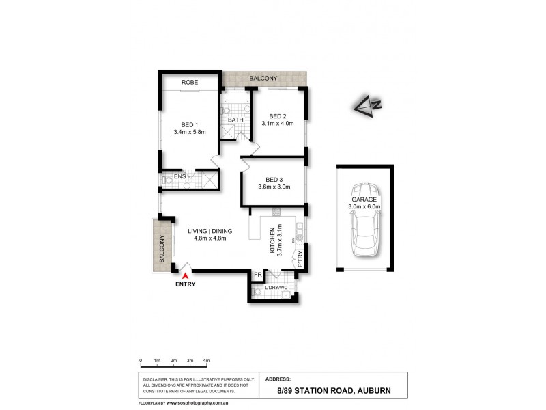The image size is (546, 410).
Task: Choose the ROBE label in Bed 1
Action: (x=190, y=83)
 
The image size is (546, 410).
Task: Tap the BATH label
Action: (x=235, y=120)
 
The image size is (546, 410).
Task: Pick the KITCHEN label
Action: (x=272, y=241)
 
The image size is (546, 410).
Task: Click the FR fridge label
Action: (x=258, y=275)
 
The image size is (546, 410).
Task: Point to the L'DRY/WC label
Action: (x=276, y=288)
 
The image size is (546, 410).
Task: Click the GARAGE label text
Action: (x=364, y=199)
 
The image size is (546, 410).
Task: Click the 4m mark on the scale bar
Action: (x=206, y=360)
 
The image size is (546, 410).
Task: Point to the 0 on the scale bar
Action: (x=140, y=360)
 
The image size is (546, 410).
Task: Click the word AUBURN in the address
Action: (x=376, y=390)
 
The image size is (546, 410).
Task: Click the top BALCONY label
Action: (x=263, y=79)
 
